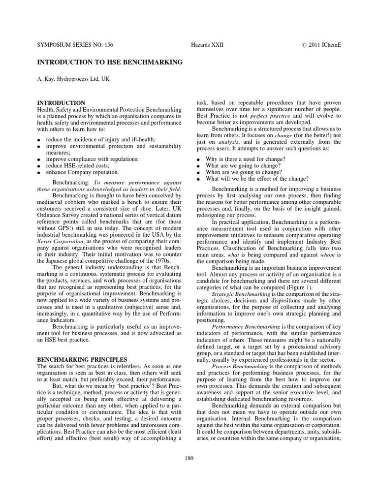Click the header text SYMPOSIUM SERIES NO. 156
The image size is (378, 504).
[75, 44]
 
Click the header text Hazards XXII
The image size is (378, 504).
[207, 44]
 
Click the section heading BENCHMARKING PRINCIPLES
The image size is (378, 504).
[82, 359]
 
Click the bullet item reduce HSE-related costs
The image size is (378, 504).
[75, 166]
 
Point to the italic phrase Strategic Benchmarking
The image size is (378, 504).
[241, 293]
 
